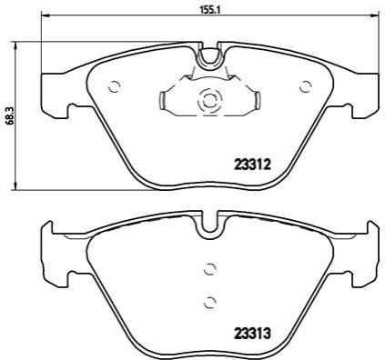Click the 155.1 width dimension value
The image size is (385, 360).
click(x=208, y=10)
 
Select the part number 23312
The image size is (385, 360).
click(x=252, y=165)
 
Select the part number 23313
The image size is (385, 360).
click(x=252, y=334)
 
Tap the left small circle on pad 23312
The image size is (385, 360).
click(x=115, y=87)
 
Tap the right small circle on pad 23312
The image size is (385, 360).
click(x=306, y=86)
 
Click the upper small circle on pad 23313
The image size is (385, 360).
click(x=209, y=269)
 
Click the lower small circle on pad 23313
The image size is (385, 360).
click(x=209, y=302)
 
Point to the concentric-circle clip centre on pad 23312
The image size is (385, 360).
click(x=209, y=100)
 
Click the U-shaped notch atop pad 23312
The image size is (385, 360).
click(x=208, y=56)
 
